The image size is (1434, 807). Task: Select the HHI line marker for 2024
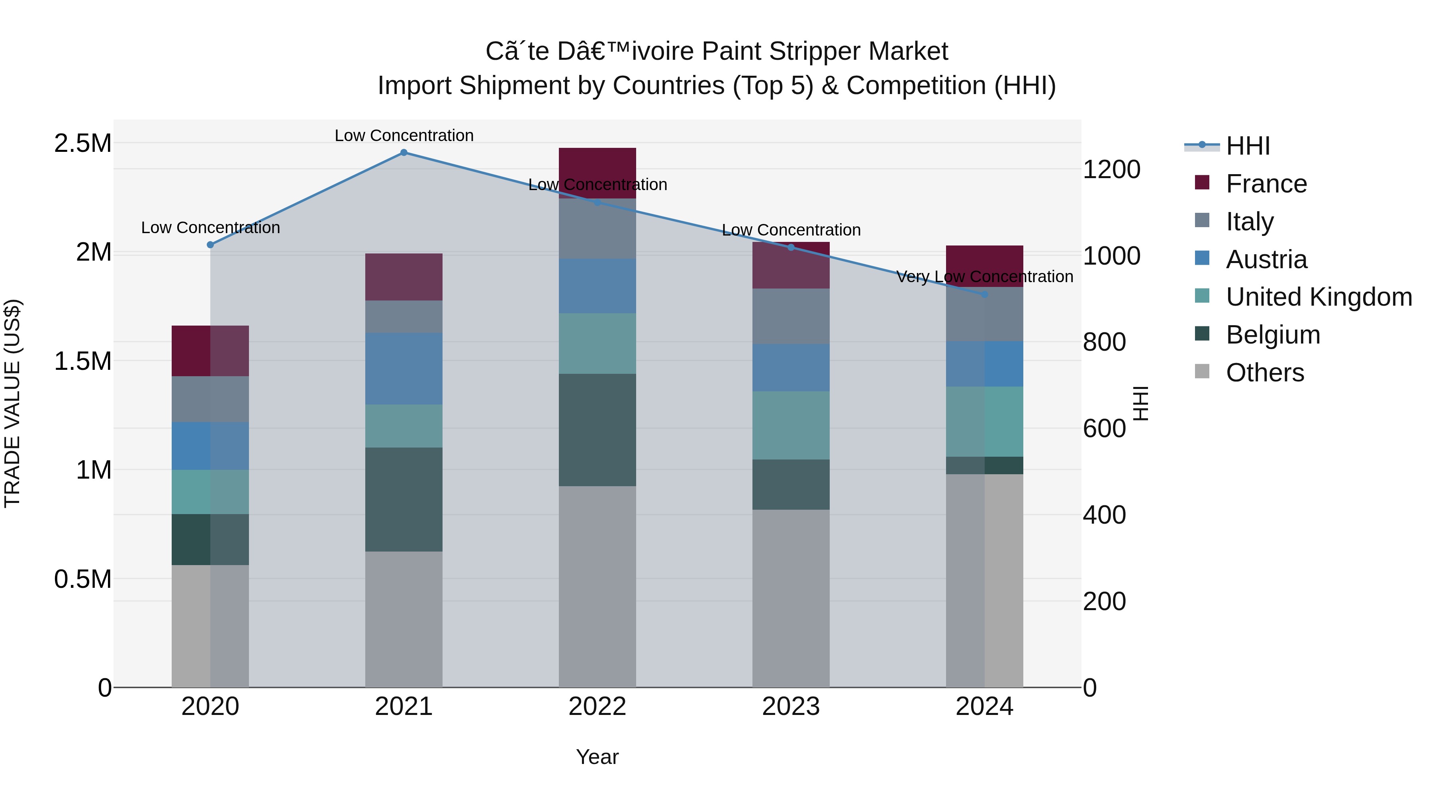pyautogui.click(x=984, y=294)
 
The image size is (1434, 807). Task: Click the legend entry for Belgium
pyautogui.click(x=1273, y=335)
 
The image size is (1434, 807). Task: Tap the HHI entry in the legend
pyautogui.click(x=1248, y=146)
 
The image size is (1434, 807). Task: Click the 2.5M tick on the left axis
pyautogui.click(x=83, y=143)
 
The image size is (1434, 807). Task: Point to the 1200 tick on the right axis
pyautogui.click(x=1111, y=169)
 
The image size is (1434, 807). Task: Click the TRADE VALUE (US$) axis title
pyautogui.click(x=12, y=403)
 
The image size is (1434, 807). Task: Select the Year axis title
pyautogui.click(x=597, y=757)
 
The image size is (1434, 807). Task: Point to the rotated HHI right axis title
pyautogui.click(x=1141, y=403)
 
